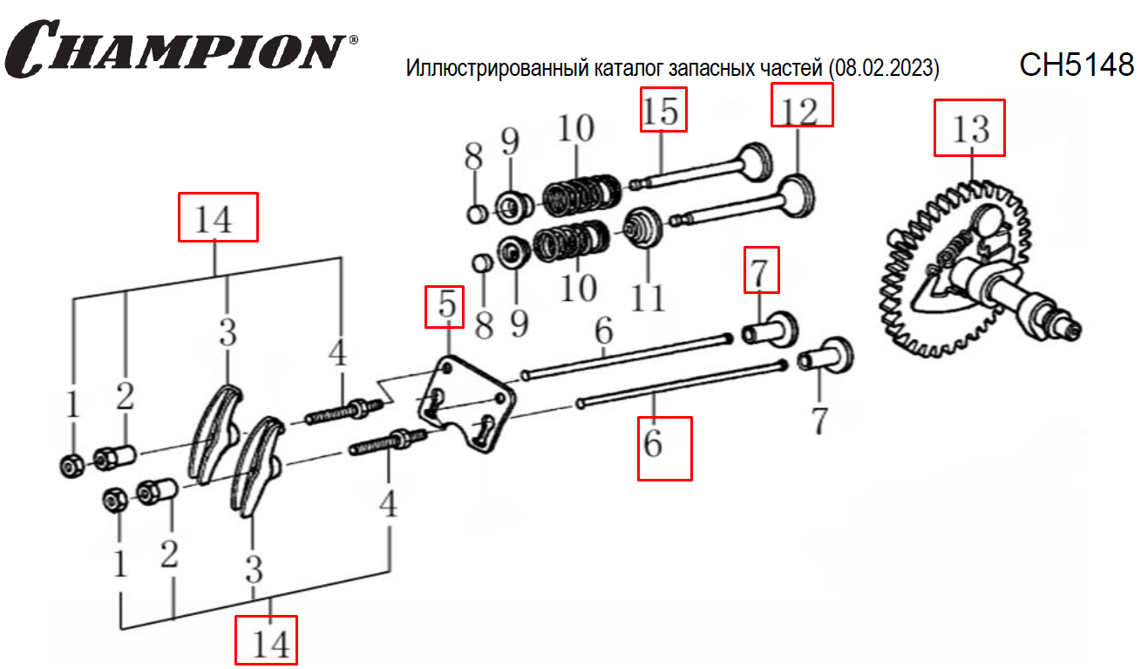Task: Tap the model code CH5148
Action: pyautogui.click(x=1076, y=65)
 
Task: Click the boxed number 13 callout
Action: pyautogui.click(x=969, y=127)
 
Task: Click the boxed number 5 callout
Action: pyautogui.click(x=445, y=306)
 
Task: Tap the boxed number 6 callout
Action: pyautogui.click(x=664, y=447)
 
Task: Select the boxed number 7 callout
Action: pyautogui.click(x=760, y=270)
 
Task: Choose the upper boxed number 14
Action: pyautogui.click(x=218, y=216)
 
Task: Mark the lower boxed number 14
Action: pyautogui.click(x=266, y=641)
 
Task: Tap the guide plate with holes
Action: pyautogui.click(x=466, y=406)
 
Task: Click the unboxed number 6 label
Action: pyautogui.click(x=604, y=331)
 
